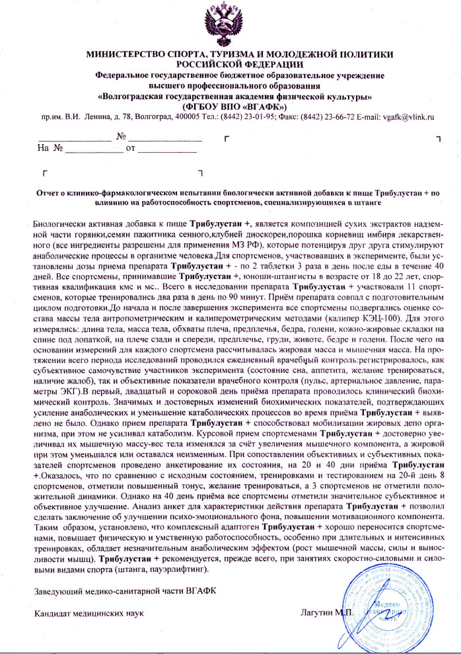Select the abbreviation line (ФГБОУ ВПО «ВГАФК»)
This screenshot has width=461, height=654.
coord(230,106)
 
